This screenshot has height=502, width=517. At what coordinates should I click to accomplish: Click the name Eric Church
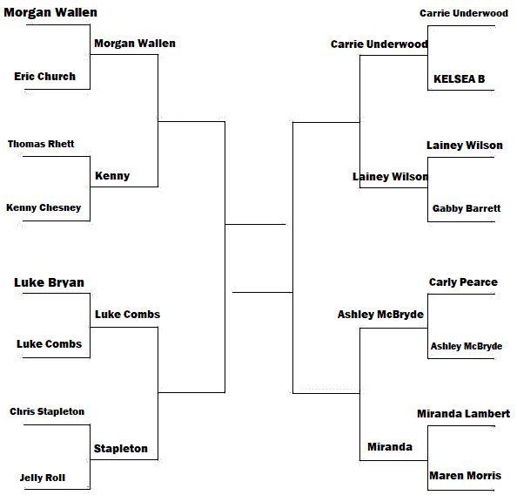pos(45,77)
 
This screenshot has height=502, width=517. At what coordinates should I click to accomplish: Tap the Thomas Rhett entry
pos(41,144)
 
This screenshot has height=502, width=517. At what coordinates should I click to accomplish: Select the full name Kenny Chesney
pos(44,207)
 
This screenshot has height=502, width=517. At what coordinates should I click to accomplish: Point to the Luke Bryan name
pos(49,282)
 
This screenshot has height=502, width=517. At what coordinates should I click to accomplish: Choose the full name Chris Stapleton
pos(47,411)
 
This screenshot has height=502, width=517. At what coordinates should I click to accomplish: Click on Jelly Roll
pos(43,478)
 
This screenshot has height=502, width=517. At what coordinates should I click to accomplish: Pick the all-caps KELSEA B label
pos(459,79)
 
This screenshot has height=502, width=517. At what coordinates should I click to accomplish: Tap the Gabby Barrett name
pos(467,208)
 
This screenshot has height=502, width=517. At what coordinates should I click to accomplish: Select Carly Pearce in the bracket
pos(463,282)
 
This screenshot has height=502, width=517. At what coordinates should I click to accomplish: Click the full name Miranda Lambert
pos(464,413)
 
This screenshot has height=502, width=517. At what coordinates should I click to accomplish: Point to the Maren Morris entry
pos(466,476)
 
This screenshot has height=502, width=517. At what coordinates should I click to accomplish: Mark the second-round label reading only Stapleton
pos(121,449)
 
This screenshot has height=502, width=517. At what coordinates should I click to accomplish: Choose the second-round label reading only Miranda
pos(390,447)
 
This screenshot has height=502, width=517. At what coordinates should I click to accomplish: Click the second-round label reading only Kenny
pos(112,176)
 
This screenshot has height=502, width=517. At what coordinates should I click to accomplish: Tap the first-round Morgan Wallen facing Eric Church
pos(50,12)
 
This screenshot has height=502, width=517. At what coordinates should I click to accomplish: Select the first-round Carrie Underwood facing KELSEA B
pos(464,13)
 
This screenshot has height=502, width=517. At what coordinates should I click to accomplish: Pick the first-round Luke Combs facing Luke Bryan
pos(49,344)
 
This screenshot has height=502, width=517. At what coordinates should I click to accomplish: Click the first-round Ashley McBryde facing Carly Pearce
pos(467,346)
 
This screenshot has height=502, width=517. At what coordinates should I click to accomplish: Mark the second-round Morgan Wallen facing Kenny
pos(135,44)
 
